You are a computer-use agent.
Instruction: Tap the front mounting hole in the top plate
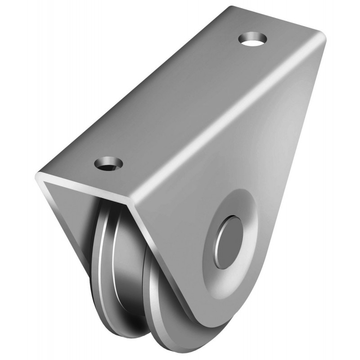108,162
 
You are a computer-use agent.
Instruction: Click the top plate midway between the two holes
180,101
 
